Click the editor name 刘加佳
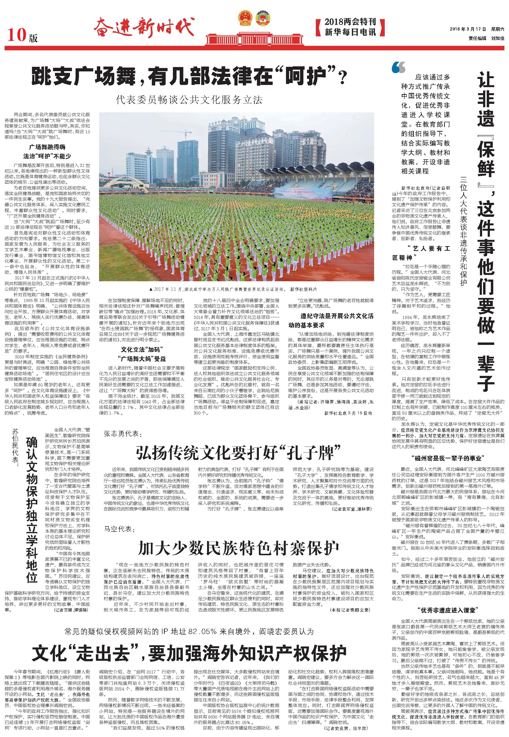498,38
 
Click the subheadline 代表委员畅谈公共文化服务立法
189,100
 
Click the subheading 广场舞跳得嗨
47,147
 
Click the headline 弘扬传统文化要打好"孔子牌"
238,452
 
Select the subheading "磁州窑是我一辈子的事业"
448,458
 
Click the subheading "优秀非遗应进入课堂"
448,610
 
